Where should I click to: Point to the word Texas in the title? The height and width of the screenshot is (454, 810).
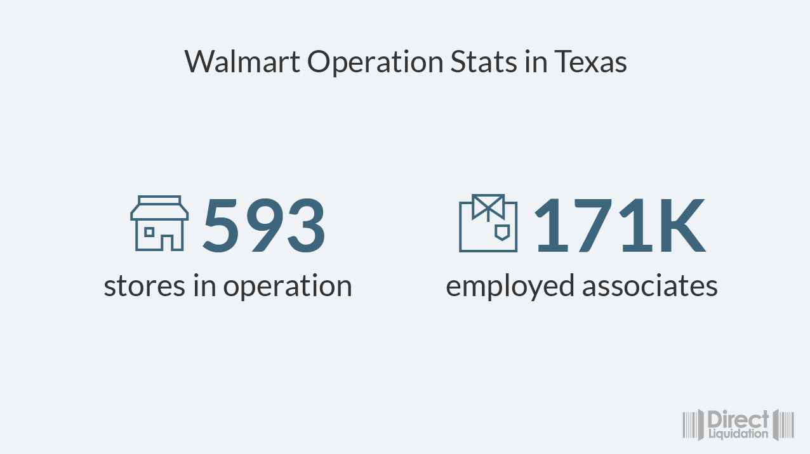click(590, 62)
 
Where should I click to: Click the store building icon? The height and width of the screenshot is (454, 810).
click(159, 223)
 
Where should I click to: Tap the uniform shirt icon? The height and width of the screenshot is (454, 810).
click(488, 223)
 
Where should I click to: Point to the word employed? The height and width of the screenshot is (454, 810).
click(509, 287)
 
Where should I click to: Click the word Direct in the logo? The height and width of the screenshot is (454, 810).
click(738, 420)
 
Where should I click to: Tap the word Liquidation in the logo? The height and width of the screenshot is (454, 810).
click(738, 434)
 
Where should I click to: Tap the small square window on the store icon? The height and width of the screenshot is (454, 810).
click(149, 232)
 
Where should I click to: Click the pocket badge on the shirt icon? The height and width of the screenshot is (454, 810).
click(501, 232)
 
